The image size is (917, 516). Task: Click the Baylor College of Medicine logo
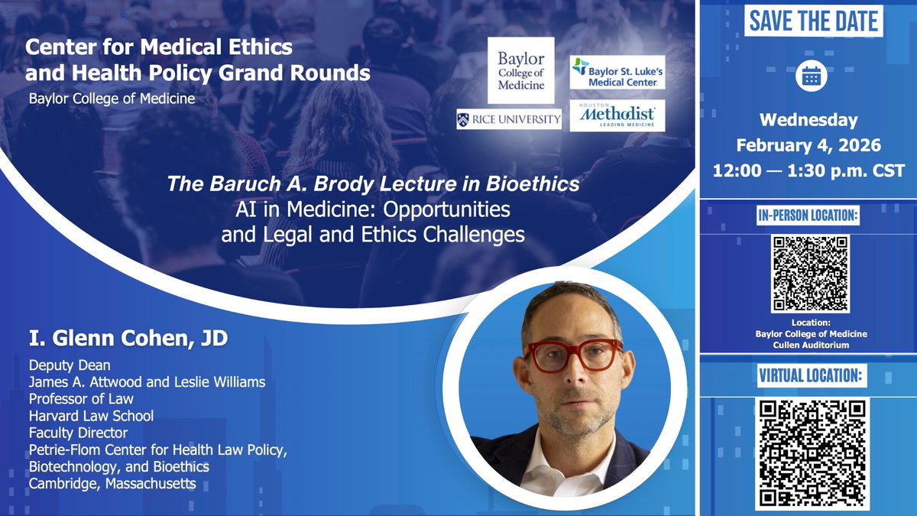click(x=521, y=70)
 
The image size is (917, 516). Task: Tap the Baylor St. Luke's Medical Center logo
click(x=617, y=72)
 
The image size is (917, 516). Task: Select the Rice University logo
click(x=510, y=118)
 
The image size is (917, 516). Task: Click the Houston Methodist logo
click(x=617, y=115)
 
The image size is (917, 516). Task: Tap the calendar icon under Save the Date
click(x=808, y=76)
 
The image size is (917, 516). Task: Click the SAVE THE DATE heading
click(x=813, y=21)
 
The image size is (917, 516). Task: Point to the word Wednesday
click(x=808, y=120)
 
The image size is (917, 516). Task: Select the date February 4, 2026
click(x=808, y=145)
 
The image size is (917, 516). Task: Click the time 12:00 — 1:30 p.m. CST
click(x=808, y=170)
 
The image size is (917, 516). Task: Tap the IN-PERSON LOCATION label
click(x=809, y=217)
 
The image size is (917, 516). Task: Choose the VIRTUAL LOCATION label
click(x=809, y=375)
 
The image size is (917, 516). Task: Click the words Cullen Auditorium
click(x=809, y=345)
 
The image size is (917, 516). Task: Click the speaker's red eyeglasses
click(x=572, y=355)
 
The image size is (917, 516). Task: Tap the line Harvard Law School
click(x=92, y=416)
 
